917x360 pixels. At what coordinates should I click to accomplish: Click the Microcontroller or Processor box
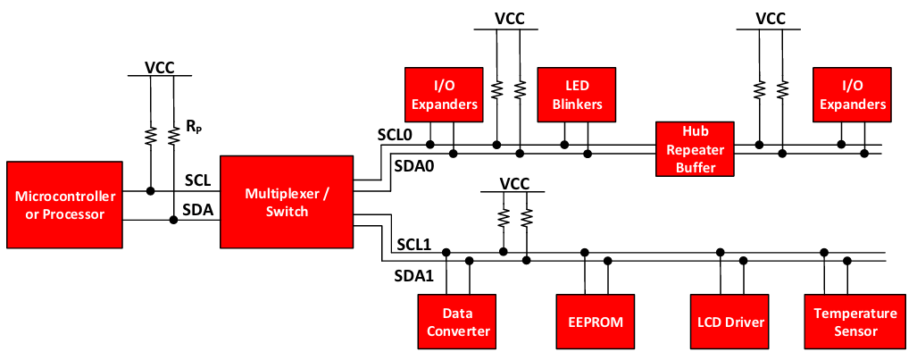point(64,205)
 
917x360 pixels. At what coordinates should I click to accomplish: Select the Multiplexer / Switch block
point(287,202)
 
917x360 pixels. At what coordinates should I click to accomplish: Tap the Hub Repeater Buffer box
point(695,148)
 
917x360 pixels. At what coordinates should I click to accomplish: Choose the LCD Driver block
point(729,321)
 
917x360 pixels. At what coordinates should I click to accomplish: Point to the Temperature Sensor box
point(854,322)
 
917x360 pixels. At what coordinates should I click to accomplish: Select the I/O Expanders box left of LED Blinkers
point(443,95)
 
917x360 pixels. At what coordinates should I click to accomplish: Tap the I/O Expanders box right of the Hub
point(852,95)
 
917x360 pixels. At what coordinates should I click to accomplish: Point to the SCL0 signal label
point(393,135)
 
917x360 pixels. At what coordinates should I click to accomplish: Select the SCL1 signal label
point(414,243)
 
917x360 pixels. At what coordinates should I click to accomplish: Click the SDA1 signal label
point(413,275)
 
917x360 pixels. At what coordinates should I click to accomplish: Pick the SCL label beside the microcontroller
point(196,180)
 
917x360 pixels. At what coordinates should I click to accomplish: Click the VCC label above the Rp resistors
point(160,67)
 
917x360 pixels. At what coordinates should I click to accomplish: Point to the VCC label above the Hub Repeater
point(771,18)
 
